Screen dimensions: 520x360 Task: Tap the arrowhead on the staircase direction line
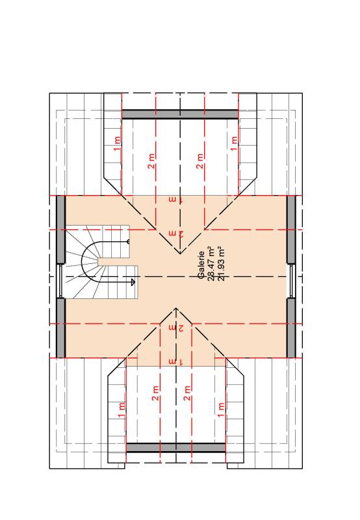coord(132,282)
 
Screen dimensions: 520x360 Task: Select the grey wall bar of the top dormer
coord(180,114)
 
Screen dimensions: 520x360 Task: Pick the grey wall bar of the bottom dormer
coord(176,447)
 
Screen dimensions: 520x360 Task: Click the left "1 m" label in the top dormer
coord(118,144)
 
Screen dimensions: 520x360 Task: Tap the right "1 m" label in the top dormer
coord(234,144)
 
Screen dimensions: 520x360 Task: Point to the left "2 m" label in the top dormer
coord(151,161)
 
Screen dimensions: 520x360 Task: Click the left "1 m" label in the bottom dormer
coord(122,409)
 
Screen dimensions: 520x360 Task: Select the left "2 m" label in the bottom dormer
coord(156,393)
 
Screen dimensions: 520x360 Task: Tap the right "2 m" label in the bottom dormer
coord(187,393)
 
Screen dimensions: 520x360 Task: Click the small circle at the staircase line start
coord(128,241)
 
